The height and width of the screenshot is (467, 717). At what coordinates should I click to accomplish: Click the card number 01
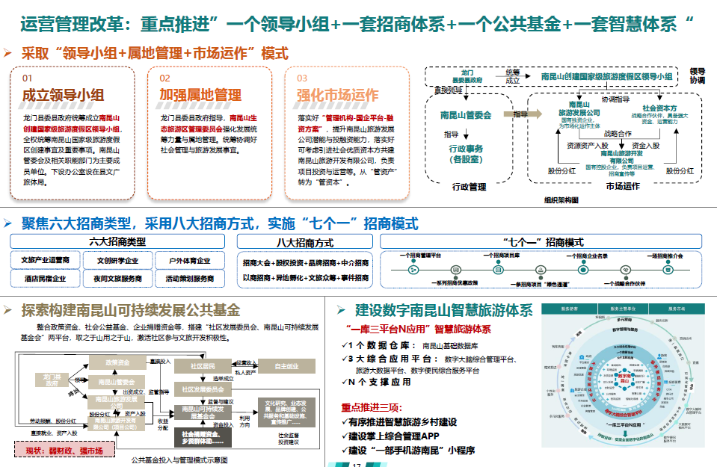click(x=27, y=78)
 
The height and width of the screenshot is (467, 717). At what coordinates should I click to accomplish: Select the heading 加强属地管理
click(x=200, y=95)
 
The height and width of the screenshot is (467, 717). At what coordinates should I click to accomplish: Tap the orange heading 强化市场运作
click(x=337, y=95)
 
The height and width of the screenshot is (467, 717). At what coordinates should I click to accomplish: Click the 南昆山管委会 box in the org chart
click(x=466, y=115)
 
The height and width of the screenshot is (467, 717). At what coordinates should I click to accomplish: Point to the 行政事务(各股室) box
click(x=466, y=154)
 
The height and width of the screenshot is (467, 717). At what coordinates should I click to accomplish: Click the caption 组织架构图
click(x=561, y=200)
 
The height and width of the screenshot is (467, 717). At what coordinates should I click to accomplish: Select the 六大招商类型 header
click(x=117, y=242)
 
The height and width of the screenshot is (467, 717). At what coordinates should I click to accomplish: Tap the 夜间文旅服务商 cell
click(x=117, y=278)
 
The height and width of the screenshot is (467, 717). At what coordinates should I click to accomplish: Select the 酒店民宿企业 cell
click(x=45, y=278)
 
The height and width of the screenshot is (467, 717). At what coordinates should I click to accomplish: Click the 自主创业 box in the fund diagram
click(x=286, y=366)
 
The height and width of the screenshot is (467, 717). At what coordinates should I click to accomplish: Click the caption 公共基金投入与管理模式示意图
click(x=179, y=460)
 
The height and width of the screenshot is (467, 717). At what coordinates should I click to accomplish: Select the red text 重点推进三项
click(x=371, y=407)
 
